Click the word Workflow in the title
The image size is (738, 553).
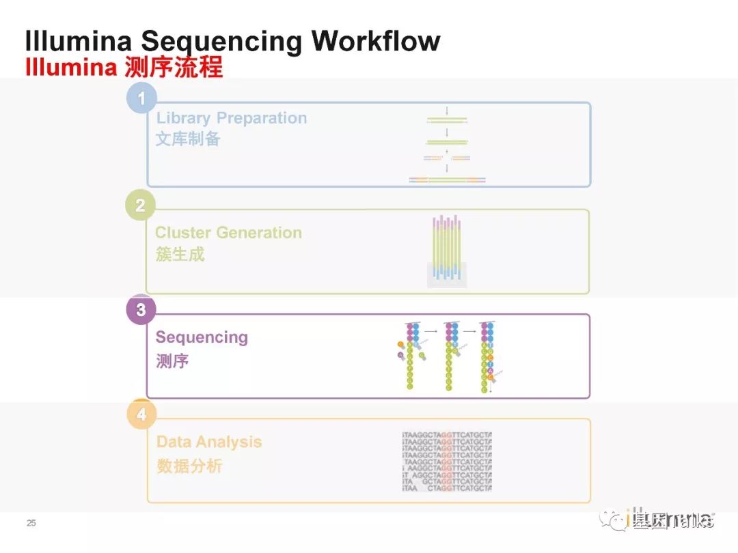point(376,41)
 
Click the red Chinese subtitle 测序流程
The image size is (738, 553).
point(174,68)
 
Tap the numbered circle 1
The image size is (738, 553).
point(141,98)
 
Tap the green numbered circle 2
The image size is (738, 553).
point(140,205)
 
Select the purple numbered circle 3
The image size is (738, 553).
point(141,310)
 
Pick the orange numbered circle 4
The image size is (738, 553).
point(141,414)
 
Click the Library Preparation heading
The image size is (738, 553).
point(232,118)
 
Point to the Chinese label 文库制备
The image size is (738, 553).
point(188,139)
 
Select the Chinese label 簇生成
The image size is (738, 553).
point(180,255)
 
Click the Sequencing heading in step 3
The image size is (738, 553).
point(202,337)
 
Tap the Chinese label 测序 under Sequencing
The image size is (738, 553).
point(172,360)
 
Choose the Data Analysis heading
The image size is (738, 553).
point(209,442)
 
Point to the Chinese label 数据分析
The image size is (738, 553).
point(189,466)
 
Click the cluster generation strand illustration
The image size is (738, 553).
point(447,251)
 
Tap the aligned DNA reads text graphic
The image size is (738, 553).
point(447,462)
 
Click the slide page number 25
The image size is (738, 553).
point(31,523)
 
